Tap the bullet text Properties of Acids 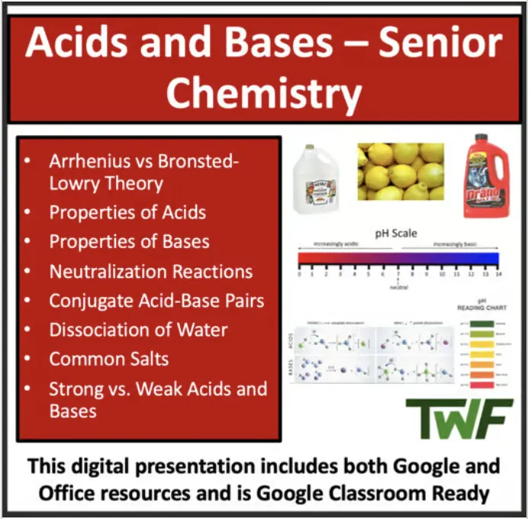[127, 213]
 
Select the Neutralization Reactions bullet [150, 272]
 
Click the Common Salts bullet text [109, 359]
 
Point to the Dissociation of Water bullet [138, 330]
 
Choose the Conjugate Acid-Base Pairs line [156, 301]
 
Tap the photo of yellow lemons [400, 172]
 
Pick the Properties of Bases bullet [129, 242]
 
